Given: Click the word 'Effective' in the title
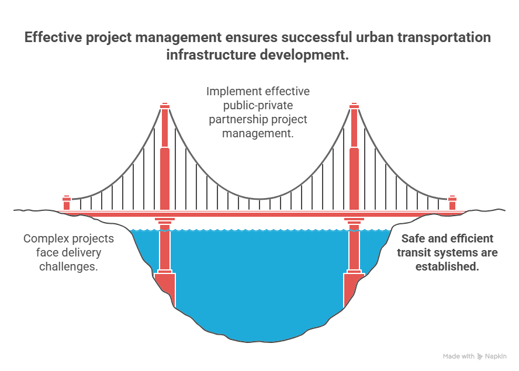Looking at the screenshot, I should (x=53, y=38).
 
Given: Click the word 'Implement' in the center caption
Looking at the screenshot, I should (x=230, y=92).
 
